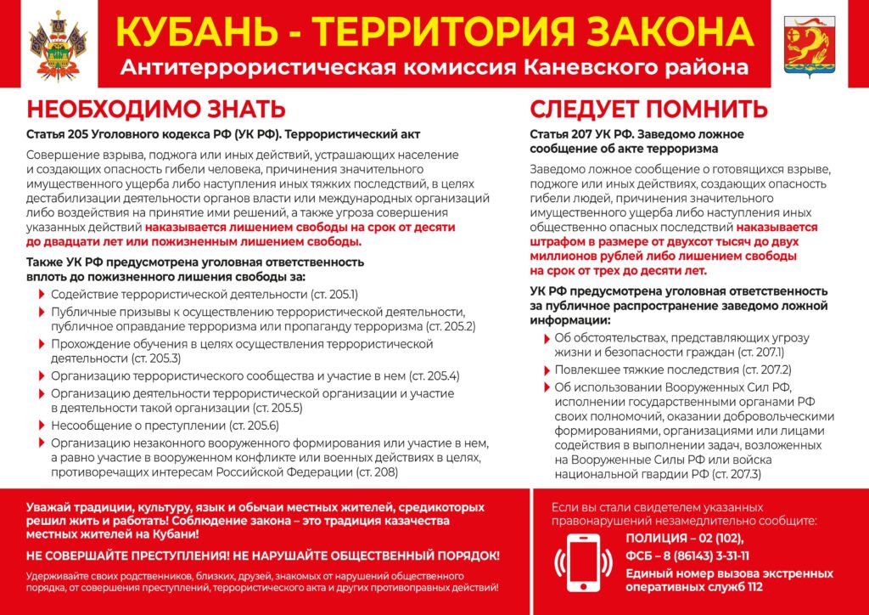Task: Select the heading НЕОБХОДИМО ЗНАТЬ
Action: (x=155, y=110)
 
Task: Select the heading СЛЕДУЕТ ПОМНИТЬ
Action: (x=649, y=110)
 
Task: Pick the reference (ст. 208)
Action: (x=376, y=472)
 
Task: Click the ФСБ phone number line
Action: (x=687, y=556)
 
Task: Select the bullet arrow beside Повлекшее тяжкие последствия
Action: (x=545, y=370)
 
